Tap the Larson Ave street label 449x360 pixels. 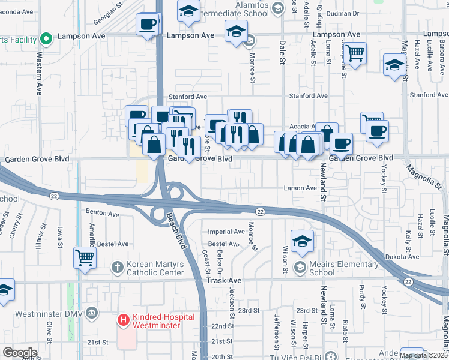point(300,188)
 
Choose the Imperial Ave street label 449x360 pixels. point(226,232)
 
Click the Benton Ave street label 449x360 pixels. point(103,212)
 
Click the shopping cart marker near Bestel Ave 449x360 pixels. point(85,258)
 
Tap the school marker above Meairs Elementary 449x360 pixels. point(302,241)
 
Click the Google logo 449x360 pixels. point(20,353)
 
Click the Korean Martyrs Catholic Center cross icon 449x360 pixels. point(118,266)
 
